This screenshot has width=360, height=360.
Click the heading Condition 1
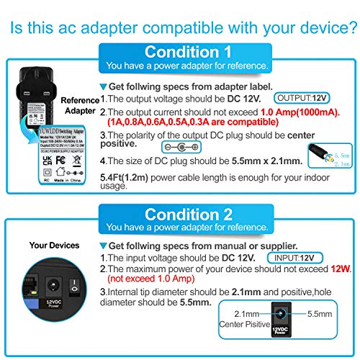click(188, 52)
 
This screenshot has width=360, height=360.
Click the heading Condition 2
click(188, 214)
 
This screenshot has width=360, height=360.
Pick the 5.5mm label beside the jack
click(302, 315)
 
